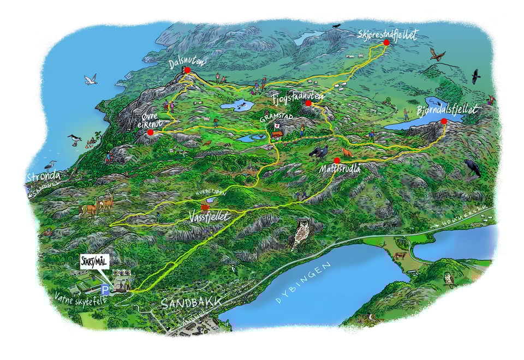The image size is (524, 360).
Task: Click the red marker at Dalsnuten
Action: click(187, 70)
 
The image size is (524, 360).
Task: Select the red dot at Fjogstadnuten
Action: click(308, 103)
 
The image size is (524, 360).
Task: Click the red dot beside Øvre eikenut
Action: click(150, 131)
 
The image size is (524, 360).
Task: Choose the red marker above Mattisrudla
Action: click(337, 160)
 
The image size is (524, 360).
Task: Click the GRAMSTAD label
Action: click(272, 117)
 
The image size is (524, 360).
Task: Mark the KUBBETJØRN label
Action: click(209, 194)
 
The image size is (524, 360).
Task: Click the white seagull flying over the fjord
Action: click(90, 80)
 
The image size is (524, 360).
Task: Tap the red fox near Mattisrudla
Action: click(347, 151)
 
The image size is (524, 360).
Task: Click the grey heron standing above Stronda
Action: click(51, 165)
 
